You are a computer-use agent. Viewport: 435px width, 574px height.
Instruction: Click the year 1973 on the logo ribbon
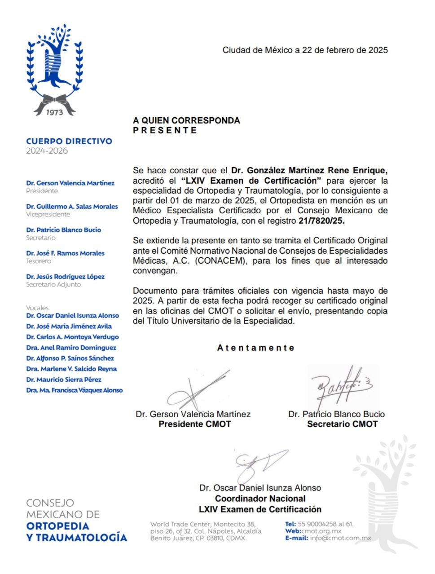coord(55,112)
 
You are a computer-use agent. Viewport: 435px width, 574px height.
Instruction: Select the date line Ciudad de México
coord(305,50)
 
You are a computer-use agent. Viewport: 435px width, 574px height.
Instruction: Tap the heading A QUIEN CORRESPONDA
coord(186,120)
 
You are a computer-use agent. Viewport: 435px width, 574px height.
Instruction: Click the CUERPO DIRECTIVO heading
coord(69,141)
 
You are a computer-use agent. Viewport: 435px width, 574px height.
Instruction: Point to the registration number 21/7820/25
coord(321,221)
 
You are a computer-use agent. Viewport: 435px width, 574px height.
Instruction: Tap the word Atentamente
coord(255,348)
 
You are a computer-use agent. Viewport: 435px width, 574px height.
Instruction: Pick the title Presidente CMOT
coord(194,424)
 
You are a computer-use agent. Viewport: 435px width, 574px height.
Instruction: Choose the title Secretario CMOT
coord(342,424)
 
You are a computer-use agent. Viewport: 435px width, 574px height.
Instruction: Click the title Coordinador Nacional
coord(260,499)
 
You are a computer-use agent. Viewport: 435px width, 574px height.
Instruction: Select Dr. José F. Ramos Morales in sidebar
coord(65,253)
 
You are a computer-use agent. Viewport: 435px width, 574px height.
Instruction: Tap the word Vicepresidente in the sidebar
coord(48,214)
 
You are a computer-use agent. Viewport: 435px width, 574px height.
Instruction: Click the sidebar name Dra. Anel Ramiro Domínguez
coord(71,348)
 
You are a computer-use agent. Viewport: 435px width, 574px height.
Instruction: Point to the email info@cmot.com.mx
coord(340,538)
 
